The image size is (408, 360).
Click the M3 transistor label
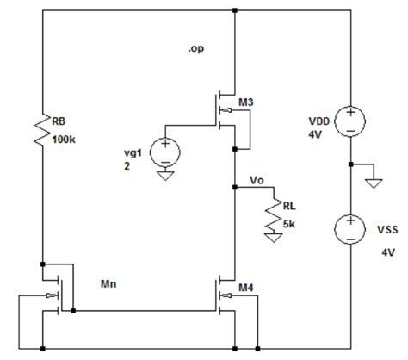pyautogui.click(x=246, y=104)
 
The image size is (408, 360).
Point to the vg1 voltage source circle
pyautogui.click(x=163, y=153)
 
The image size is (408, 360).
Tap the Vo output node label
pyautogui.click(x=256, y=180)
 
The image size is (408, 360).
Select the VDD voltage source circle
pyautogui.click(x=350, y=121)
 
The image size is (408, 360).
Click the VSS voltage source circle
pyautogui.click(x=350, y=229)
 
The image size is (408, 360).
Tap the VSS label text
pyautogui.click(x=386, y=233)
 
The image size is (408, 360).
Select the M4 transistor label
pyautogui.click(x=245, y=287)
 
